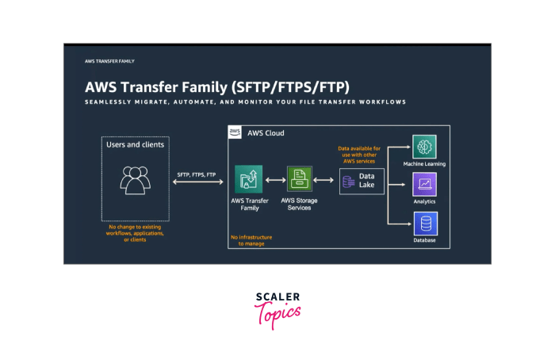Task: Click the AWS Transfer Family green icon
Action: click(x=248, y=179)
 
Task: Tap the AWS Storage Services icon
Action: click(x=300, y=179)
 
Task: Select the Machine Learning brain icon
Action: click(x=424, y=147)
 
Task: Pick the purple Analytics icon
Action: click(x=424, y=185)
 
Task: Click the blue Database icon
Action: click(x=426, y=224)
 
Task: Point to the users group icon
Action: click(x=136, y=180)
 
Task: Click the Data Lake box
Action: click(x=362, y=182)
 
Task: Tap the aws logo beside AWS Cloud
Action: click(x=235, y=132)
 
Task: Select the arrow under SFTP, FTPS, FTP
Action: click(x=198, y=182)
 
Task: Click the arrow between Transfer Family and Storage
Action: click(x=275, y=180)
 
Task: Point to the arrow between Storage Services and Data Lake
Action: click(x=323, y=180)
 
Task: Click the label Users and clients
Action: click(x=136, y=144)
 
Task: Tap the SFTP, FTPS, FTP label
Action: click(x=197, y=175)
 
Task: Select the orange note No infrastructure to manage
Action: click(x=251, y=240)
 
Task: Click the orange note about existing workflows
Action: click(x=135, y=233)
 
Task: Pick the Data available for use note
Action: click(x=359, y=155)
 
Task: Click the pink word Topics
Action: click(x=277, y=315)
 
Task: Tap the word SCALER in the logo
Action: click(x=277, y=297)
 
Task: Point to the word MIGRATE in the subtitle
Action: click(x=151, y=102)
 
